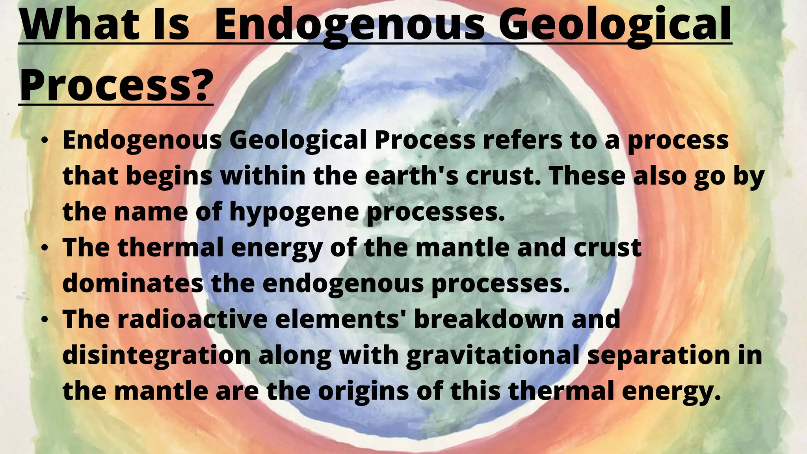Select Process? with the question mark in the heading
(x=116, y=84)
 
